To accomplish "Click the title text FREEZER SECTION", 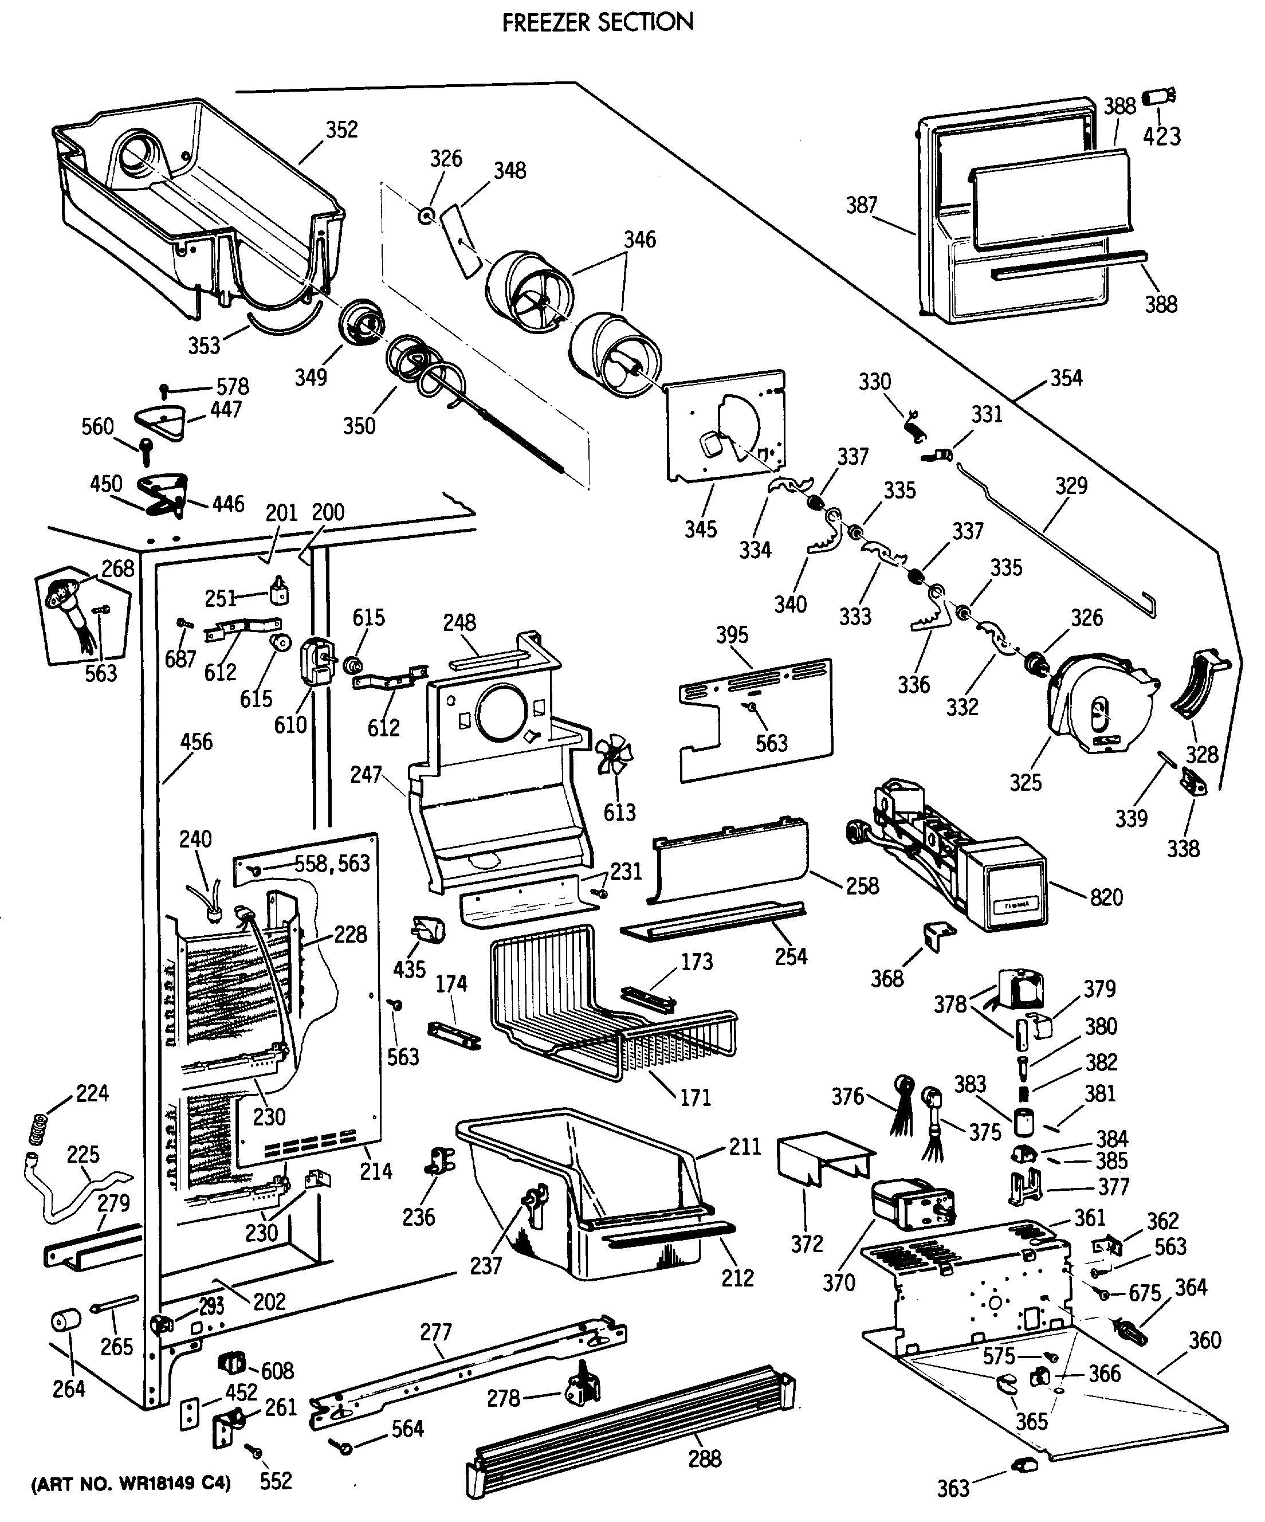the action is (598, 22).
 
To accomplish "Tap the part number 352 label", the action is (341, 130).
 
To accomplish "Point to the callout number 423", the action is (1162, 136).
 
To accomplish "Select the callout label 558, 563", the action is (332, 863).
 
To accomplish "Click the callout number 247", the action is (366, 775).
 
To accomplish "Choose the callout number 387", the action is (862, 206).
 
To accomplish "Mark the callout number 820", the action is (1106, 897).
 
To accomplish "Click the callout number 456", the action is (197, 742).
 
